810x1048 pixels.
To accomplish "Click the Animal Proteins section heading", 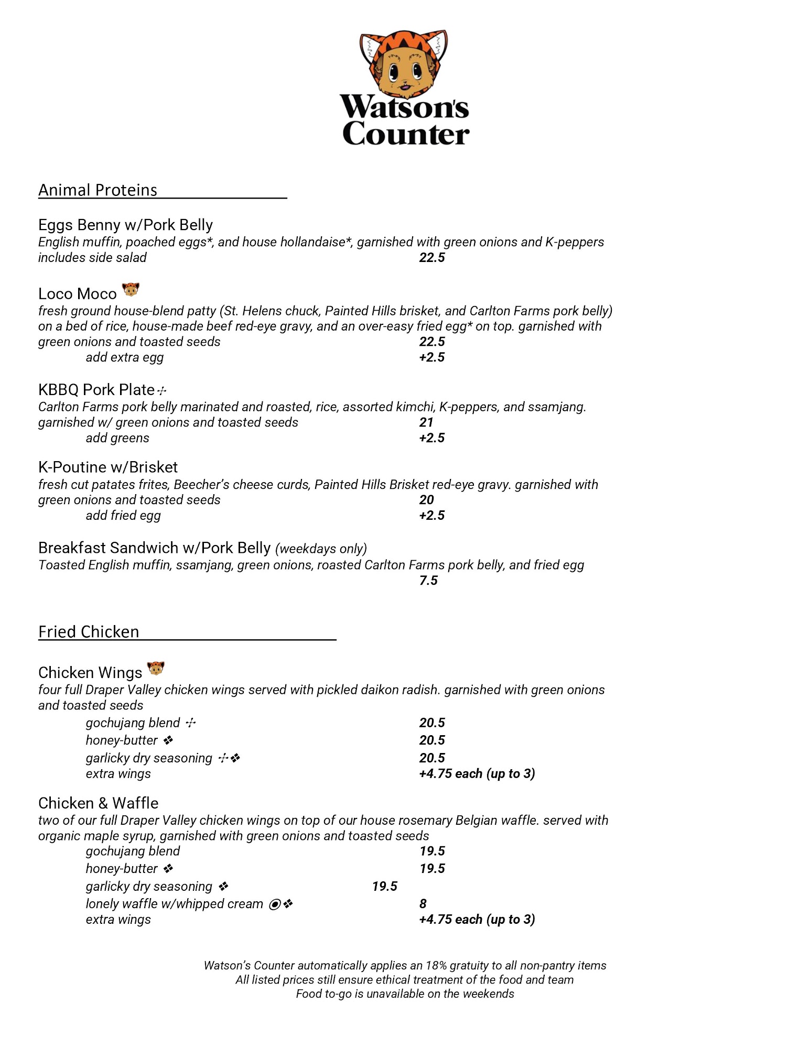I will [x=98, y=190].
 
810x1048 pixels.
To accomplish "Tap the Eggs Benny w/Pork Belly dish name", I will [x=125, y=225].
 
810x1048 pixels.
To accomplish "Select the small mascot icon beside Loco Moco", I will [x=131, y=289].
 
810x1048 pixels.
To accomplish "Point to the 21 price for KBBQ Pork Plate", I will [x=426, y=422].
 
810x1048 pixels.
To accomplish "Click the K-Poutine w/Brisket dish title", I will [x=108, y=467].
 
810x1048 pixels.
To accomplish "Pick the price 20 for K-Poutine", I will [x=426, y=500].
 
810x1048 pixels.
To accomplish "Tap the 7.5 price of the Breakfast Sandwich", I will [x=428, y=580].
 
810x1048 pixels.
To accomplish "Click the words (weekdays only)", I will [x=321, y=549].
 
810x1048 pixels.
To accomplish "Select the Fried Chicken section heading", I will [x=89, y=631].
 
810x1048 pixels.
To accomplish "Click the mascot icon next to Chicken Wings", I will [x=156, y=669].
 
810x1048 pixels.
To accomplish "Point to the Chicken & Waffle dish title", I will [x=98, y=803].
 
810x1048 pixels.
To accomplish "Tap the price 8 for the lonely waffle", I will [x=423, y=903].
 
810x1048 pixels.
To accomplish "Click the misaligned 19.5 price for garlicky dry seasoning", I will [x=385, y=886].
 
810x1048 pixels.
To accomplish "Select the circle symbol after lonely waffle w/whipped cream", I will [x=274, y=904].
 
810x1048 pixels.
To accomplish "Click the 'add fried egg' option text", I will [x=123, y=516].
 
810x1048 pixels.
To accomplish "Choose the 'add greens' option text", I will [x=117, y=438].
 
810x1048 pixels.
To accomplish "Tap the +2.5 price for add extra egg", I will [x=432, y=357].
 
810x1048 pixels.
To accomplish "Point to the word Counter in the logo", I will [x=406, y=134].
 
